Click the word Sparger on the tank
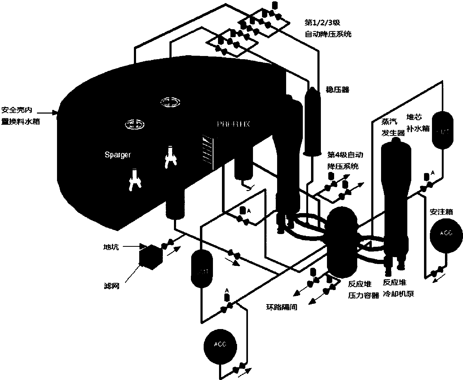click(118, 155)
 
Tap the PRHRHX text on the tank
click(233, 124)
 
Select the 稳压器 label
click(337, 90)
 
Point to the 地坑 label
click(111, 247)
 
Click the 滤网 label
click(112, 286)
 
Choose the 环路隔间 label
click(282, 307)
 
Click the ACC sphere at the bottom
click(220, 345)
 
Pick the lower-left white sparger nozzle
click(134, 180)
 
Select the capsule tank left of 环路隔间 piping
click(202, 268)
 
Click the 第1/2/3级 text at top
click(322, 23)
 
